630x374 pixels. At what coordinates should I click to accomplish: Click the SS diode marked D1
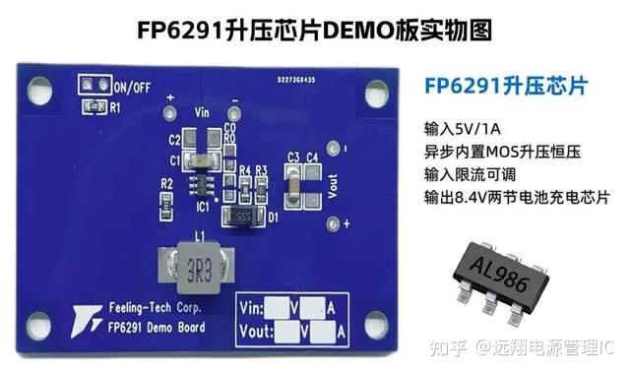click(x=239, y=215)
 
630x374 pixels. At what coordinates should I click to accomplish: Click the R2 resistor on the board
click(x=167, y=195)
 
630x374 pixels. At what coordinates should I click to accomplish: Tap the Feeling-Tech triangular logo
click(x=84, y=319)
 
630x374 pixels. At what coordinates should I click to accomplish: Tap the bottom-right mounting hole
click(x=376, y=323)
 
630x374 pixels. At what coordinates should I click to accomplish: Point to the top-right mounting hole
click(x=376, y=93)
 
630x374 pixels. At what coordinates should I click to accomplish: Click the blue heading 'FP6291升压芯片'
click(x=506, y=87)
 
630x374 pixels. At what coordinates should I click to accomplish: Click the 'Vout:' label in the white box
click(x=258, y=333)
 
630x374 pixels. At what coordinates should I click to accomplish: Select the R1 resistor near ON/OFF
click(x=95, y=105)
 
